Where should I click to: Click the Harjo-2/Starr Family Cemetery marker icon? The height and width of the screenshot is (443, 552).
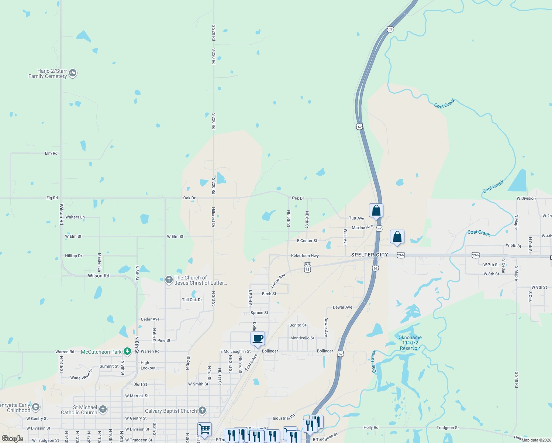(x=73, y=73)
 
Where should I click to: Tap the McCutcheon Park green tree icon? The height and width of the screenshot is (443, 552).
(x=127, y=351)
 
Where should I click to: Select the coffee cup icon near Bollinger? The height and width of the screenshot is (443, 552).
(x=258, y=339)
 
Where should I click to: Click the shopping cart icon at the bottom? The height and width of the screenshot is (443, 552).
(x=204, y=429)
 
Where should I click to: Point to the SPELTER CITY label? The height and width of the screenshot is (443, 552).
(x=369, y=255)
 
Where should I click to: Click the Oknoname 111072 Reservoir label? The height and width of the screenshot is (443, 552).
(x=410, y=343)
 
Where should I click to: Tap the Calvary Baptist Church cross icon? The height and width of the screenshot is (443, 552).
(x=202, y=410)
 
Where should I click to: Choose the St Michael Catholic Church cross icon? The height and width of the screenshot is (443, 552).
(x=103, y=409)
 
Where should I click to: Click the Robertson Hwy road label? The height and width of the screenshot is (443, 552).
(x=305, y=255)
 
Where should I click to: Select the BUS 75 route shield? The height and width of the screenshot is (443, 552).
(x=308, y=267)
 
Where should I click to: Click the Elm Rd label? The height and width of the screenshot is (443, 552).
(x=51, y=153)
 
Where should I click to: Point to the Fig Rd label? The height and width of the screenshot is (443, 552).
(x=52, y=198)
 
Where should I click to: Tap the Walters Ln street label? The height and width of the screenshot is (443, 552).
(x=75, y=217)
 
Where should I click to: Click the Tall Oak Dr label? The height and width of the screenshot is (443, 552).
(x=192, y=300)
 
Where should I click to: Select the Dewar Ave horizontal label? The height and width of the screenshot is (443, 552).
(x=342, y=307)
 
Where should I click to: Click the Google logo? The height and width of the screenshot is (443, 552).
(x=13, y=439)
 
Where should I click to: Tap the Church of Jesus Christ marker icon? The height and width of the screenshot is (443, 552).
(x=169, y=280)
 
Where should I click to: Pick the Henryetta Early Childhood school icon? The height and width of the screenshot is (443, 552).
(x=36, y=407)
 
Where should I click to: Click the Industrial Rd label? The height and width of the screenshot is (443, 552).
(x=284, y=418)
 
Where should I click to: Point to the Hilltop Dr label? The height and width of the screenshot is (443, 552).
(x=74, y=255)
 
